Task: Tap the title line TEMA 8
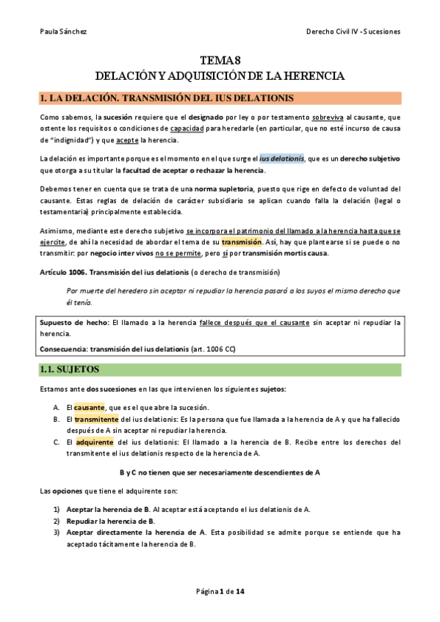(220, 61)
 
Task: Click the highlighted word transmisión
(242, 242)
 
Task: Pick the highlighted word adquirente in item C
(94, 442)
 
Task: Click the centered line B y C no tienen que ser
(220, 472)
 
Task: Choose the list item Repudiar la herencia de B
(109, 522)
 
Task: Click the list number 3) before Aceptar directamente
(57, 533)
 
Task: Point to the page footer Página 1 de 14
(220, 592)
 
